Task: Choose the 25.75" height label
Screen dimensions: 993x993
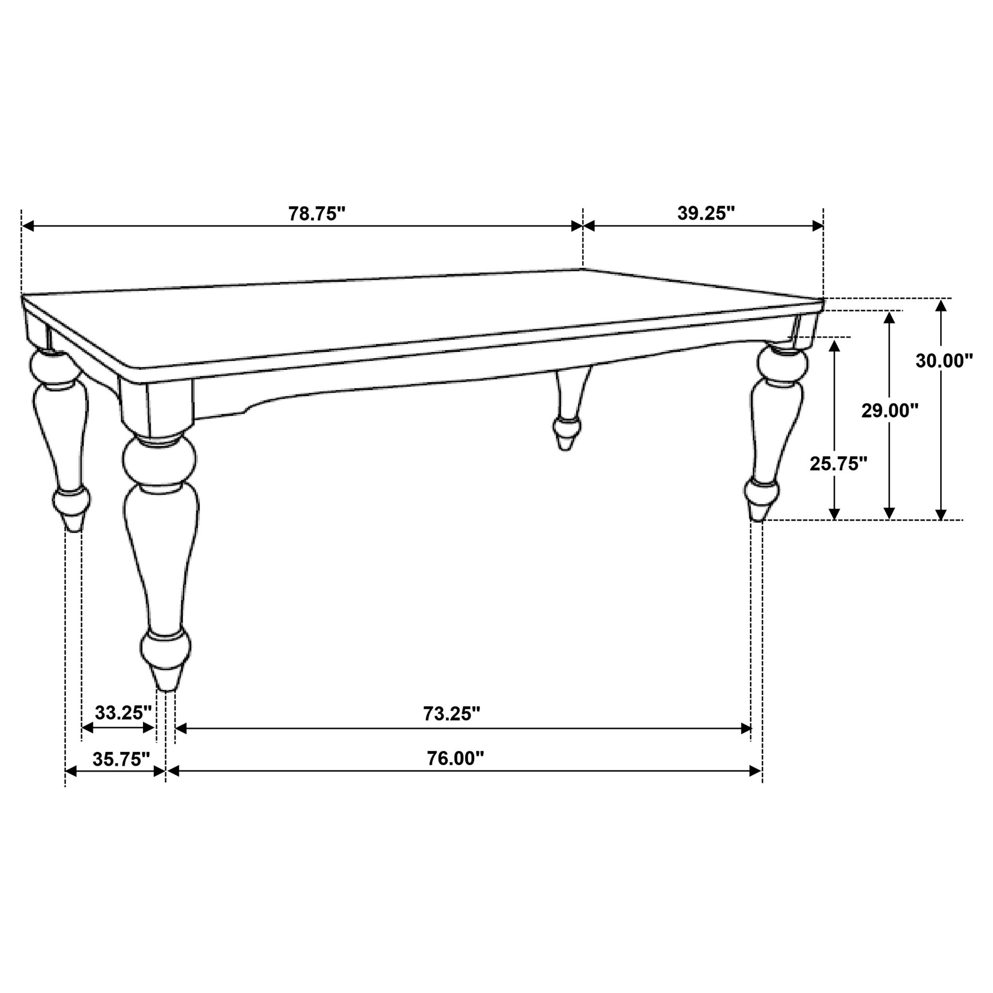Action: [838, 464]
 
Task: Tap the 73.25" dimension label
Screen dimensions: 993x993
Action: [451, 713]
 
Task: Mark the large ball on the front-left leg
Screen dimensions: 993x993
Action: [160, 461]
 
